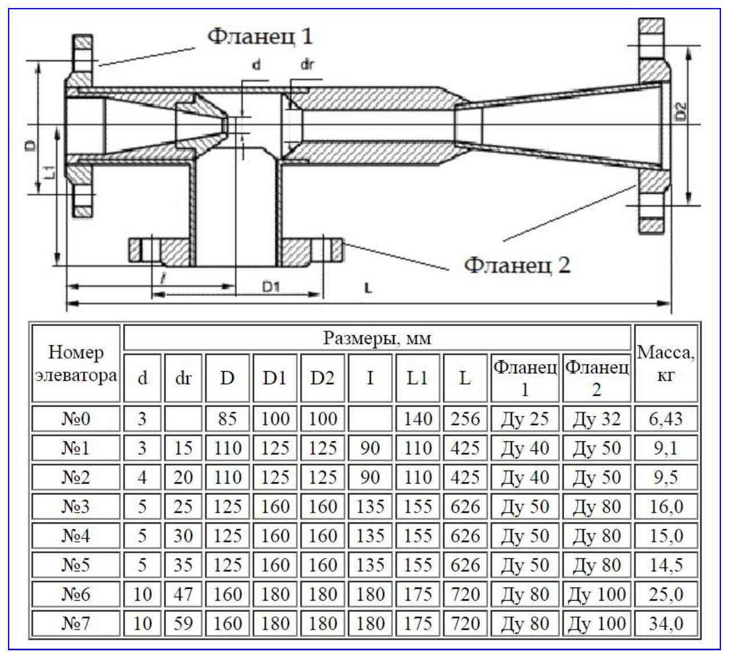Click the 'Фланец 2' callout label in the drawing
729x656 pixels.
coord(517,264)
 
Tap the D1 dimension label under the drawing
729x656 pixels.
coord(271,287)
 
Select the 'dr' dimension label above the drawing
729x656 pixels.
coord(307,65)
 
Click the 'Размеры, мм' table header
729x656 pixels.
coord(377,338)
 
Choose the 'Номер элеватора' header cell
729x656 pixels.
coord(76,363)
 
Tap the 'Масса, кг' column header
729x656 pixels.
coord(666,363)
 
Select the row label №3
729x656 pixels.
coord(76,506)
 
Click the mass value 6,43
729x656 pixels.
coord(666,418)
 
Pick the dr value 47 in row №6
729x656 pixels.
coord(183,594)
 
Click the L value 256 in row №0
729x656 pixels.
coord(465,418)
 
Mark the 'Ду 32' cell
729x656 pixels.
coord(596,418)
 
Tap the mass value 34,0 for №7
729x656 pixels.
coord(666,623)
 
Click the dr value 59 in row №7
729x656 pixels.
coord(183,623)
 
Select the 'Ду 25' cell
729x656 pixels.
coord(525,418)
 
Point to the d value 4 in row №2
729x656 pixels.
coord(142,477)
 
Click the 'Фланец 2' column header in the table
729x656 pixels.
coord(596,377)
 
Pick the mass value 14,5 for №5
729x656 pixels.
coord(666,565)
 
